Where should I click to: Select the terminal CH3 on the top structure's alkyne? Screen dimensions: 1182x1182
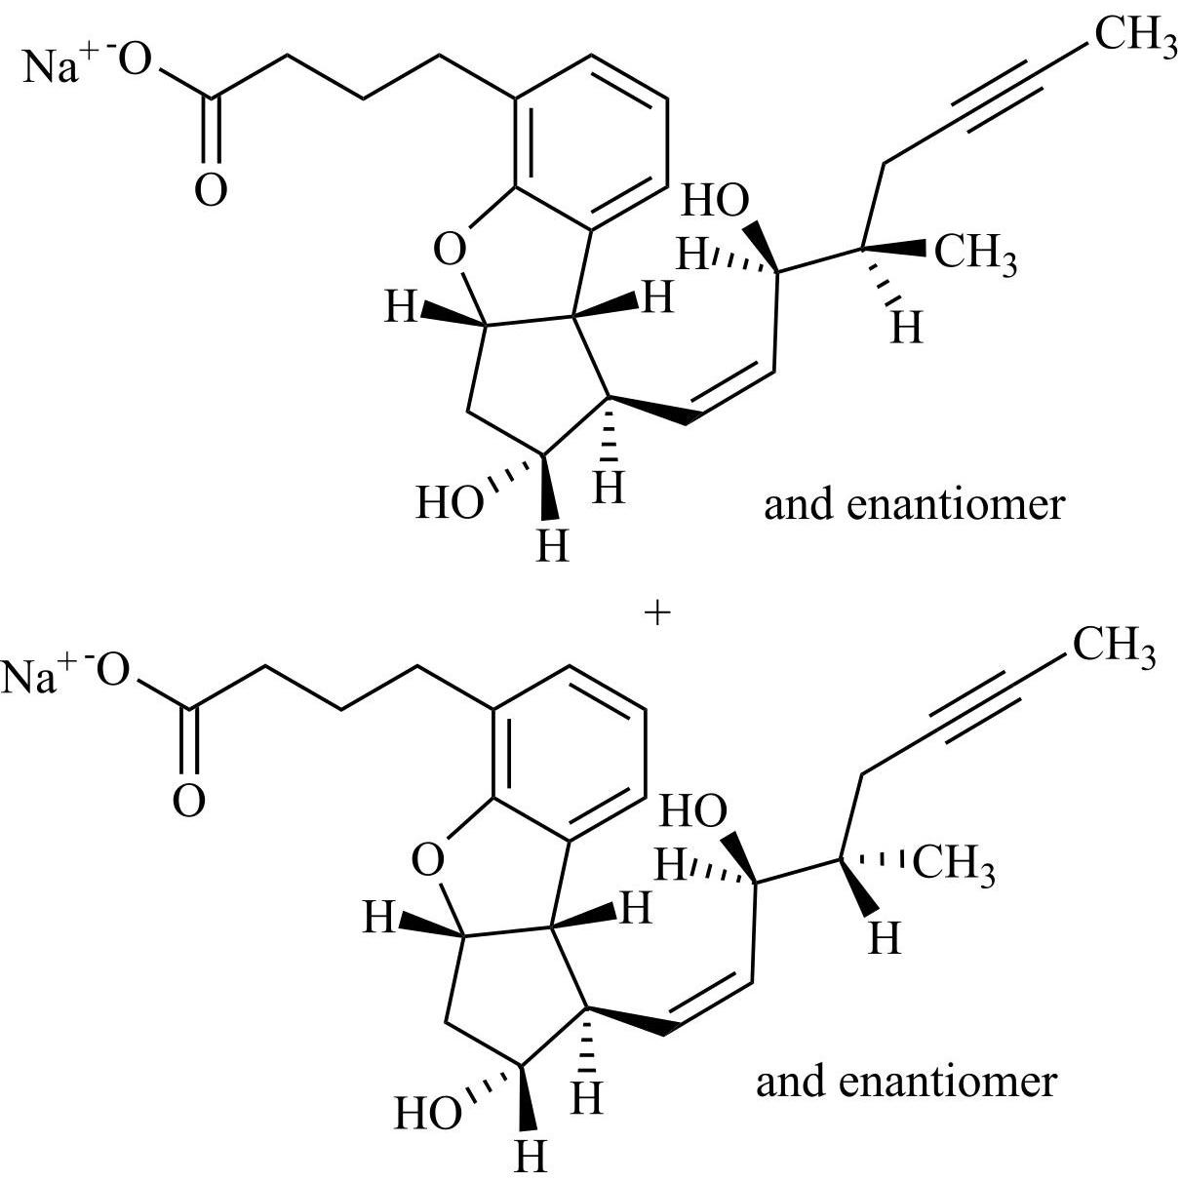tap(1134, 36)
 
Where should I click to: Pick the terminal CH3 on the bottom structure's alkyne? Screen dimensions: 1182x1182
tap(1114, 648)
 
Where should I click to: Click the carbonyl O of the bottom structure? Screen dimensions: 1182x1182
tap(188, 800)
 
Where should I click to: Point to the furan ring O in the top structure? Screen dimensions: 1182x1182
tap(450, 251)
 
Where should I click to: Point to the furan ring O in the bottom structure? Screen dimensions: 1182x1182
tap(427, 860)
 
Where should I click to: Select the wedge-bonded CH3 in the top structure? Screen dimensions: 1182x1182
tap(975, 256)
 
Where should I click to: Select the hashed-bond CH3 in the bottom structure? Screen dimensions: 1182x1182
tap(955, 866)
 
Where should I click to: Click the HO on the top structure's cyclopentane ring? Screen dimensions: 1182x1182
tap(450, 505)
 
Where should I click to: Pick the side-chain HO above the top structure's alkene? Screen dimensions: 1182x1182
tap(715, 202)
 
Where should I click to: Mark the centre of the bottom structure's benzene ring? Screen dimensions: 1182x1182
tap(569, 752)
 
